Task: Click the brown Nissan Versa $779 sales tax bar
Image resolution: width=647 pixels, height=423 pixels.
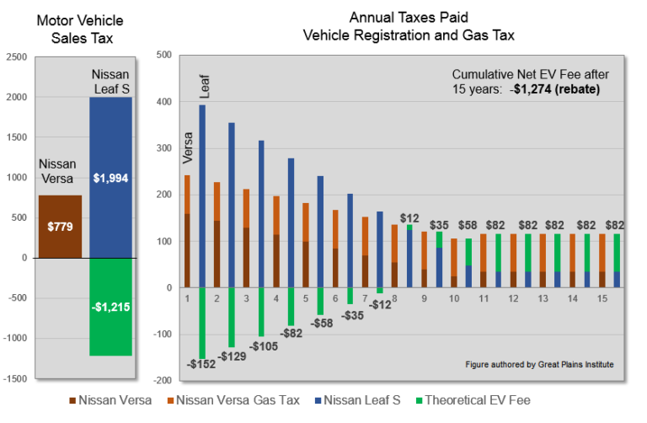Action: tap(60, 226)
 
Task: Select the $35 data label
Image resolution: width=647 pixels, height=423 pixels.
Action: tap(439, 226)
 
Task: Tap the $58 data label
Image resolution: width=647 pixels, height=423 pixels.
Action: tap(469, 226)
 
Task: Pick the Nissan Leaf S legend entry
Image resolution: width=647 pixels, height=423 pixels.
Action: tap(394, 400)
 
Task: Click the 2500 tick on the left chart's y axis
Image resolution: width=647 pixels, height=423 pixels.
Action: tap(16, 57)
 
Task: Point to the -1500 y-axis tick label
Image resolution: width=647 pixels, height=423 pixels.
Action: tap(14, 379)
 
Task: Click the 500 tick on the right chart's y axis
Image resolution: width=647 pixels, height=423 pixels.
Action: tap(164, 56)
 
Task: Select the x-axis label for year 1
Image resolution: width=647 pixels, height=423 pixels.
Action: tap(186, 298)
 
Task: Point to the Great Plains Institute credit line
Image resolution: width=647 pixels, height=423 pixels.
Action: tap(539, 365)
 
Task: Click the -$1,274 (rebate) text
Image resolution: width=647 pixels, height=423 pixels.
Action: tap(554, 88)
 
